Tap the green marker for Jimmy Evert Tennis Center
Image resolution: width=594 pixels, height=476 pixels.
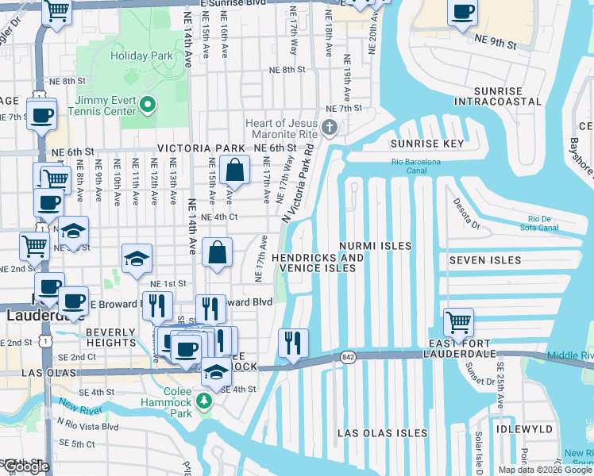tap(147, 105)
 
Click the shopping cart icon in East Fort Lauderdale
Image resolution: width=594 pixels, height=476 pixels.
tap(458, 322)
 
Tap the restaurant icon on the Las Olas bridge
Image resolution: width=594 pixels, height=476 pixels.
tap(293, 343)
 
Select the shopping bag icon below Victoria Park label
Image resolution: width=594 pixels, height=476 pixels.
tap(236, 170)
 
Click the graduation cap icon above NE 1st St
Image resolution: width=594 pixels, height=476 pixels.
tap(137, 259)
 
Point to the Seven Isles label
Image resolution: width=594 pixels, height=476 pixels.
tap(484, 260)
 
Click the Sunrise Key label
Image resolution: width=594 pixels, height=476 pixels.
tap(426, 144)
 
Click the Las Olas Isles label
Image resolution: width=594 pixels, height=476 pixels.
tap(383, 433)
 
